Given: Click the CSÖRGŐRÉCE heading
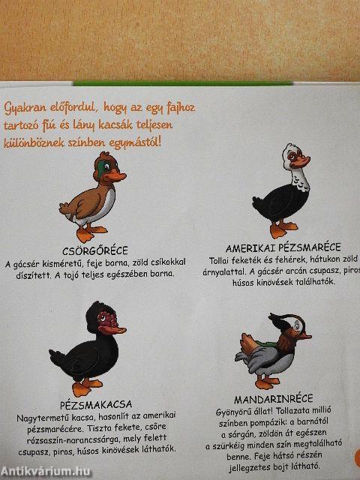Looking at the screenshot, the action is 95,251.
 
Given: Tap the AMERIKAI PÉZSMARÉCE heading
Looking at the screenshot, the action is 283,247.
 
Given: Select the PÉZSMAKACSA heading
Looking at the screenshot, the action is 96,405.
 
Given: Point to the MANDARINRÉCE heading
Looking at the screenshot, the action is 274,399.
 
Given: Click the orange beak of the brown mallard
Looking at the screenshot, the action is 115,177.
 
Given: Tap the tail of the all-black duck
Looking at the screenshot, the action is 58,358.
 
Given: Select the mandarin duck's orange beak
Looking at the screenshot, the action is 304,336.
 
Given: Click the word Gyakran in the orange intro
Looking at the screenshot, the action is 25,108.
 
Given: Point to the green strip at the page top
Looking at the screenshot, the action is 183,82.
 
